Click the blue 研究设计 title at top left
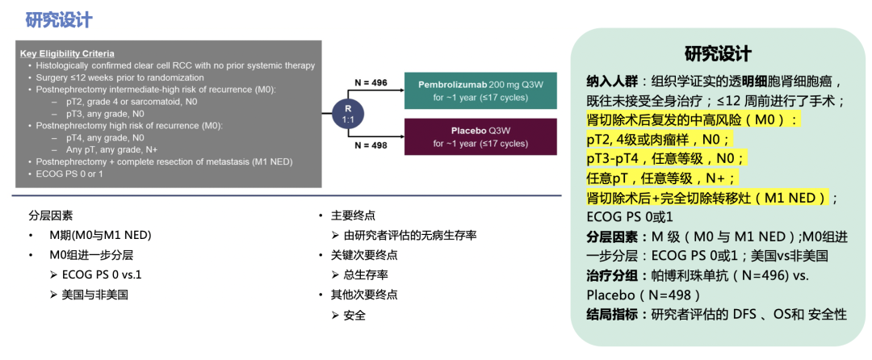pos(58,20)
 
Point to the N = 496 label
pos(371,82)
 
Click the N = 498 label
pos(371,146)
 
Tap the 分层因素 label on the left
pos(50,216)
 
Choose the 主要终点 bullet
pos(354,216)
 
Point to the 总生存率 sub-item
pos(366,274)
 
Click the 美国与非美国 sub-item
pos(94,295)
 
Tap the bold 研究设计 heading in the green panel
pos(718,54)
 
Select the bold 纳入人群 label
pos(612,82)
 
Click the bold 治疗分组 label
pos(612,275)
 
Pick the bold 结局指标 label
pos(612,314)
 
